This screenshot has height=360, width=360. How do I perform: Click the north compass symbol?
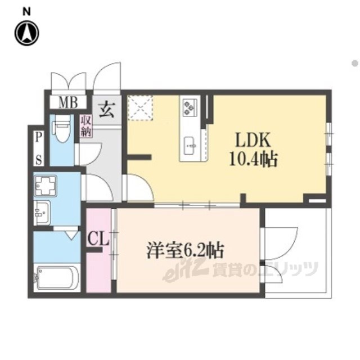pos(27,33)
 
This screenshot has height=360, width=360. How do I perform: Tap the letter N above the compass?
pos(26,12)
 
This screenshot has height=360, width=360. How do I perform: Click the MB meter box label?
pos(68,102)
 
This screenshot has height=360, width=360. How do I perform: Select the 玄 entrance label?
pos(107,110)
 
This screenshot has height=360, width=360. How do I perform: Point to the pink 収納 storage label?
pos(86,126)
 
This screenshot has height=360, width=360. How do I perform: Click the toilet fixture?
pos(62,129)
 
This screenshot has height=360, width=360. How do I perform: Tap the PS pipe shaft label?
pos(39,148)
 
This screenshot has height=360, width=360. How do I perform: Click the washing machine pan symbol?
pos(46,186)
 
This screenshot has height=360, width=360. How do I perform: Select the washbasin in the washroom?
pos(42,213)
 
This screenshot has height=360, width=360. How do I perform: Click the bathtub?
pos(57,278)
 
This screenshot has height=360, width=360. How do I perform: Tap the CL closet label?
pos(98,239)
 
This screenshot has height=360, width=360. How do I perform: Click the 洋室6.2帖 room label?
pos(186,251)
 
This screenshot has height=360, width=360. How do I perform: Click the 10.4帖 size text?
pos(254,159)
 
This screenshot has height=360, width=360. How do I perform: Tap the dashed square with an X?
pos(140,107)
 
